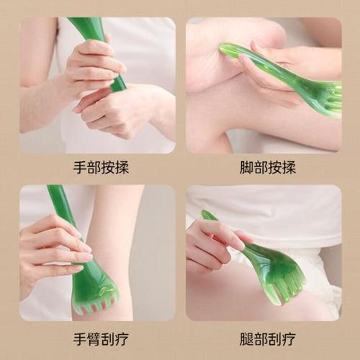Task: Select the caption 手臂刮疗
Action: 97,338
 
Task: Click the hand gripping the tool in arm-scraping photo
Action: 50,248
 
